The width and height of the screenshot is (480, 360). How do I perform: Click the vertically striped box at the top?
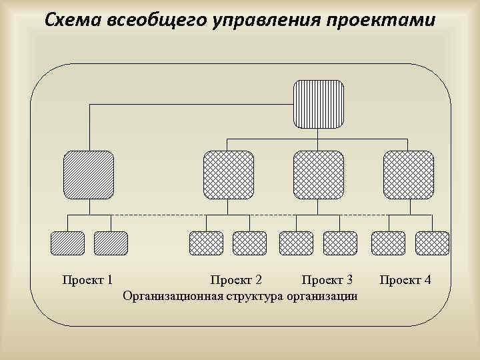(x=319, y=104)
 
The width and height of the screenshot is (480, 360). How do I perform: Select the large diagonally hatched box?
(x=89, y=175)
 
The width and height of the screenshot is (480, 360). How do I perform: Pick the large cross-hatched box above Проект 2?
(x=228, y=175)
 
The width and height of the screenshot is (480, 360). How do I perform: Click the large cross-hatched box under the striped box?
(x=319, y=175)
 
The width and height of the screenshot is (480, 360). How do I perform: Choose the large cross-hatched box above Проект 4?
(x=408, y=175)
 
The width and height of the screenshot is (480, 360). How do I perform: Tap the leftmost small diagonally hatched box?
(x=68, y=243)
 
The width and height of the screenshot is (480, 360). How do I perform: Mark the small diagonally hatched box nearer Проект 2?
(x=111, y=243)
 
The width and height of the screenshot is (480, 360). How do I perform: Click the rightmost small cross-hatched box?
(x=432, y=243)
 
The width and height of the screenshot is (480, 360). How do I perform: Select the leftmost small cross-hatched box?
(x=207, y=243)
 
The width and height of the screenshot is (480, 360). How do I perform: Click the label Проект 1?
(x=87, y=279)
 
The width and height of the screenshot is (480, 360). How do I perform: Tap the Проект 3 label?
(x=327, y=279)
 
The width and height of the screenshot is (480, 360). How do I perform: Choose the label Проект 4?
(x=405, y=279)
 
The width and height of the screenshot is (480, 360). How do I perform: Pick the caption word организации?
(x=321, y=295)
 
